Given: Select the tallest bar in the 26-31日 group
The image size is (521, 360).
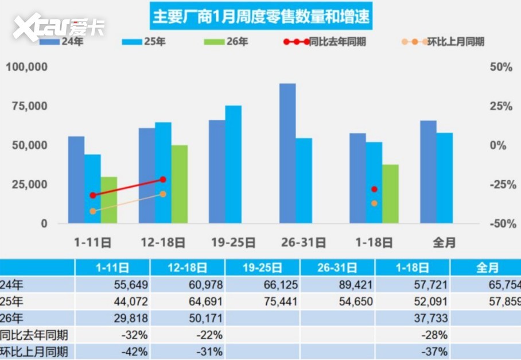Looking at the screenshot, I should [x=287, y=153].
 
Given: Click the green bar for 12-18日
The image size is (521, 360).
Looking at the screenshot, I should [x=180, y=184].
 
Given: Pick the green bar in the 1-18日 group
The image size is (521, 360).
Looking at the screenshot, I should [x=390, y=193].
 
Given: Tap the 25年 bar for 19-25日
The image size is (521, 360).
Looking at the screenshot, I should [x=233, y=164].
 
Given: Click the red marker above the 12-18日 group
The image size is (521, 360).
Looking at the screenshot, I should [x=163, y=180].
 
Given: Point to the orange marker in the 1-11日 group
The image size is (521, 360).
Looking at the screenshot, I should [x=93, y=211].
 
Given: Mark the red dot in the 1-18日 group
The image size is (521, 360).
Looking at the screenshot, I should [x=374, y=189].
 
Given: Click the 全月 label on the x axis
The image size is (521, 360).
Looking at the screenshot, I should [x=444, y=242].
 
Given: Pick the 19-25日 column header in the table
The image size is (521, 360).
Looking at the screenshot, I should [x=262, y=268].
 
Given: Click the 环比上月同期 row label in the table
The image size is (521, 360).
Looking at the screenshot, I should [x=36, y=351].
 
